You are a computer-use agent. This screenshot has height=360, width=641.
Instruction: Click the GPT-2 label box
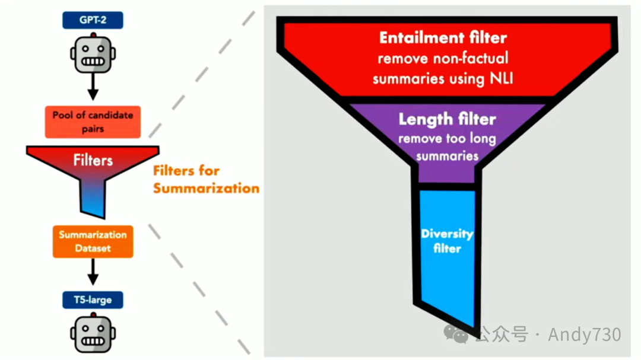point(93,20)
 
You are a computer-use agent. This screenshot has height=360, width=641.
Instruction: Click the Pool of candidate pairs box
point(93,122)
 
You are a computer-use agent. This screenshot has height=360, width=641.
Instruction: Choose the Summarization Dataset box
point(93,241)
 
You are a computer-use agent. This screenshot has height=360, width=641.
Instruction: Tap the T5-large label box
point(93,300)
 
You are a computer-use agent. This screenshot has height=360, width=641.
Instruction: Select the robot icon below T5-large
point(93,333)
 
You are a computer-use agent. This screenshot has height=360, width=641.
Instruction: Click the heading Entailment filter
point(443,38)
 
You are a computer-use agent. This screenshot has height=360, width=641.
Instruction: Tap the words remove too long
point(446,139)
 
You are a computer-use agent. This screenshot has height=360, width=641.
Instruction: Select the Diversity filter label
point(446,240)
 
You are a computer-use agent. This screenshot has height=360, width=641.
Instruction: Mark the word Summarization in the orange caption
point(206,189)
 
